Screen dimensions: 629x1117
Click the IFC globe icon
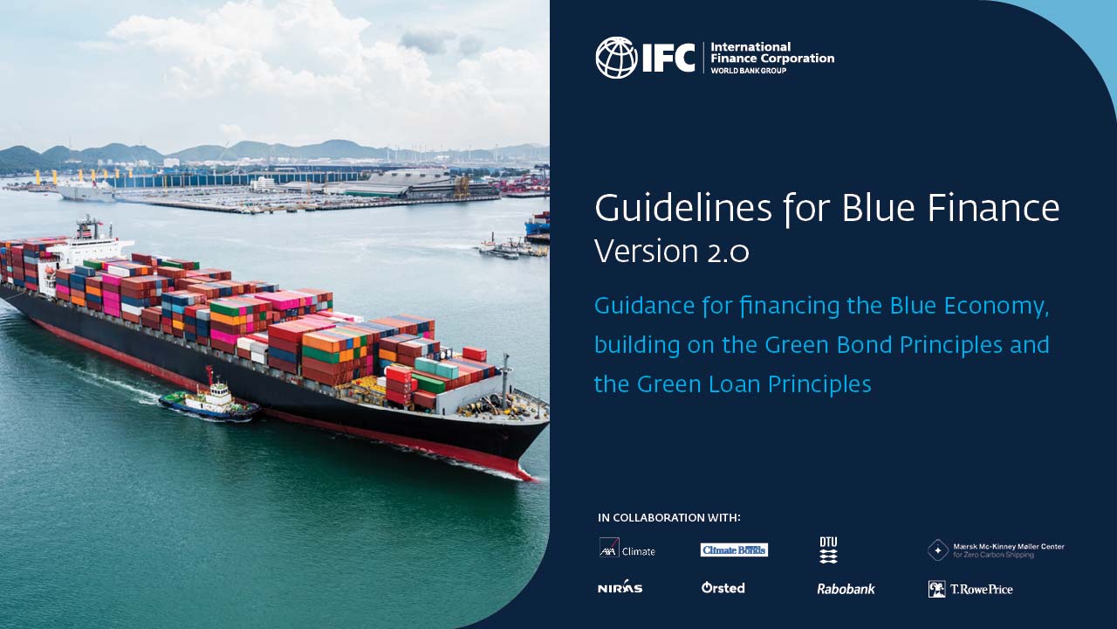616,58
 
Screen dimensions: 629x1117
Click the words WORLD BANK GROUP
748,70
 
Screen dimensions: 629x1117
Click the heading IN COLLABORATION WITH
669,518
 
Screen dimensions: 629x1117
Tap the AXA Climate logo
627,549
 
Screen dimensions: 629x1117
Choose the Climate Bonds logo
734,550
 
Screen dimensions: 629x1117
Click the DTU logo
828,550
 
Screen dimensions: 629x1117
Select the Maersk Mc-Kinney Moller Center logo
996,550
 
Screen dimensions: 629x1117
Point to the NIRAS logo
620,587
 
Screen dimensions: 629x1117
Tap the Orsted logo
723,588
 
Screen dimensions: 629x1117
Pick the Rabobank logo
846,589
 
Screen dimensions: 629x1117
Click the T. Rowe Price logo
970,589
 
